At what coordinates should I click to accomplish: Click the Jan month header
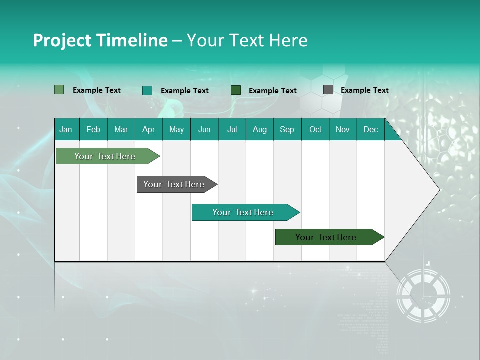tap(66, 130)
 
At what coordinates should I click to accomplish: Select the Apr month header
tap(148, 130)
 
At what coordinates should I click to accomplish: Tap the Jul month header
tap(232, 130)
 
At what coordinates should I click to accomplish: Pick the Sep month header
tap(287, 130)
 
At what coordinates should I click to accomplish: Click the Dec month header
tap(370, 130)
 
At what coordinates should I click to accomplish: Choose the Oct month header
tap(315, 130)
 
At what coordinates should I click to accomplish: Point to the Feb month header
tap(93, 130)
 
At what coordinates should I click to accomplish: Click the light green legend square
tap(59, 90)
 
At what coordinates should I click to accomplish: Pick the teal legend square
tap(147, 90)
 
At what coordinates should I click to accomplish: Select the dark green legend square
tap(236, 90)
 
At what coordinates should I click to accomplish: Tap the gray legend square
tap(328, 90)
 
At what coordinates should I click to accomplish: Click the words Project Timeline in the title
tap(100, 40)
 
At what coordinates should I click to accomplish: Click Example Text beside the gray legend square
tap(364, 90)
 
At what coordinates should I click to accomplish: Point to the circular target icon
tap(423, 295)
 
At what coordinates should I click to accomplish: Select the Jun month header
tap(204, 130)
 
